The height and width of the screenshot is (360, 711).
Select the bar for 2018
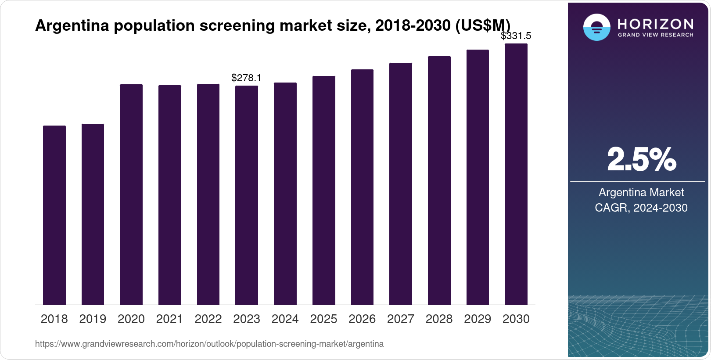[54, 215]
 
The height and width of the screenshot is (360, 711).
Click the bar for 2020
[131, 194]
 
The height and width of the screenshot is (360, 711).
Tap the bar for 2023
[247, 195]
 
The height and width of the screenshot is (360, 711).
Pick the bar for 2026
[362, 187]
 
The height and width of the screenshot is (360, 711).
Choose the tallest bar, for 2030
[516, 174]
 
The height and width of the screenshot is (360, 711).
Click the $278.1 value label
[246, 78]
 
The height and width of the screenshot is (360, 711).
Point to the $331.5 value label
[516, 36]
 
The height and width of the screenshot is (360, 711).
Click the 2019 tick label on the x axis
[93, 319]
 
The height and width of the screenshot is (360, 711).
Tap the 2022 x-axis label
[208, 319]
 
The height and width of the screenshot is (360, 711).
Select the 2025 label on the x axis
[323, 319]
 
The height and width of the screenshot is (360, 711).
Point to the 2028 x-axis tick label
[439, 319]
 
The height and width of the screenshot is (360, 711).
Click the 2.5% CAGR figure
[641, 160]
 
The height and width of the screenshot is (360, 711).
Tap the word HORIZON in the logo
[655, 24]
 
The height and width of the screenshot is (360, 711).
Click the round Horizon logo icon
[596, 27]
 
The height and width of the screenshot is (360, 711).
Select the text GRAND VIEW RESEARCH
[655, 35]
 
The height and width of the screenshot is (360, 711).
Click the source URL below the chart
[209, 344]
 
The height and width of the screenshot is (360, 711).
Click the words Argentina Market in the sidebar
[641, 192]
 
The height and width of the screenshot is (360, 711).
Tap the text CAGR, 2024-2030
[641, 208]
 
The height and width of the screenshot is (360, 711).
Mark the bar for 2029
[478, 177]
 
